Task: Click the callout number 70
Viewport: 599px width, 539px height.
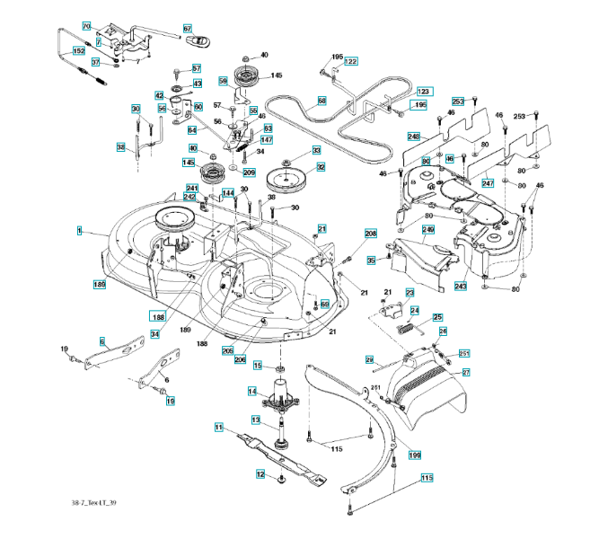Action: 86,27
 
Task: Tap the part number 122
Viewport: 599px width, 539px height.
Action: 351,61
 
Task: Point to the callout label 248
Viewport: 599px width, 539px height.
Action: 413,137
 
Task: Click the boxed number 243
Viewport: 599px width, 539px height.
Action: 460,286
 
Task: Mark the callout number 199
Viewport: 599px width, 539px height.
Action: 415,455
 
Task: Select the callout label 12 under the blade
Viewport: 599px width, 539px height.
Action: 260,474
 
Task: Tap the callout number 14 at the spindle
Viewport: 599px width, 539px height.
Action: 253,392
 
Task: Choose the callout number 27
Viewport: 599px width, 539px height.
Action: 466,372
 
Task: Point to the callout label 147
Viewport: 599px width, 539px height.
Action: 267,140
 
